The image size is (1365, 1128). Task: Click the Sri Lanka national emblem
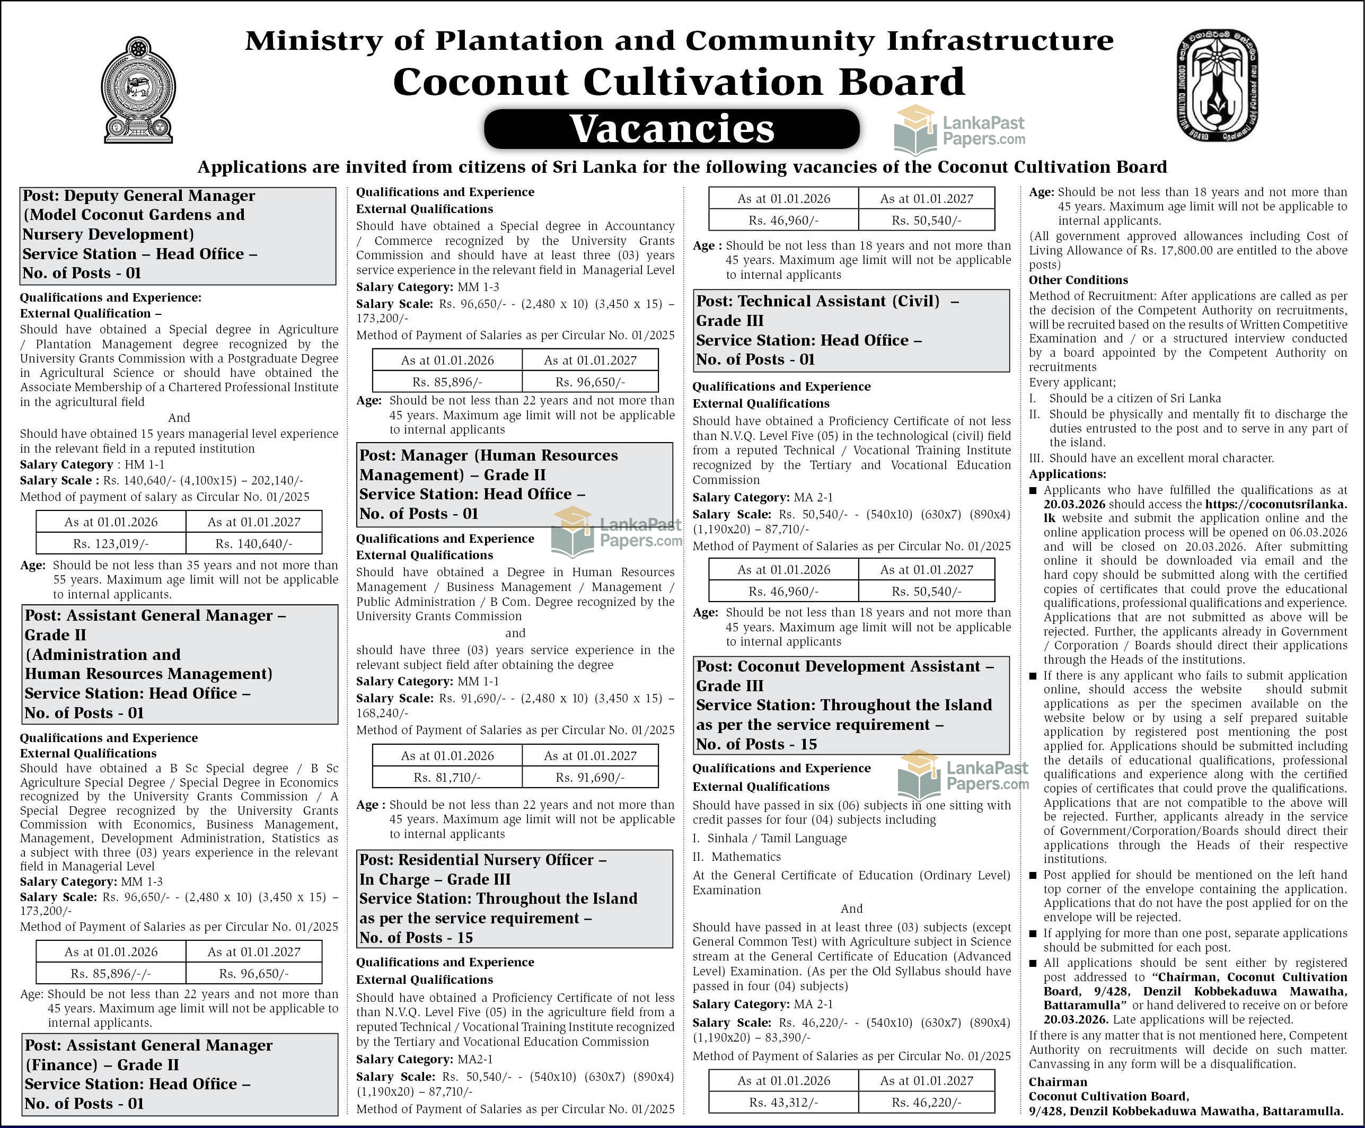point(138,90)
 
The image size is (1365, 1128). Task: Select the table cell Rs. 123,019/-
point(111,543)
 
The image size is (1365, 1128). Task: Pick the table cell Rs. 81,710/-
point(447,777)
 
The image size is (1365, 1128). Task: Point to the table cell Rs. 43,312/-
point(783,1102)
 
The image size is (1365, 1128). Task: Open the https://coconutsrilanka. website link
point(1275,504)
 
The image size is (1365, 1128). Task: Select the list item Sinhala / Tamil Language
point(777,838)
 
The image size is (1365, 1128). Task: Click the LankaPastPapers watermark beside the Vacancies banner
point(959,130)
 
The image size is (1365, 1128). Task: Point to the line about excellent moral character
point(1161,458)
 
